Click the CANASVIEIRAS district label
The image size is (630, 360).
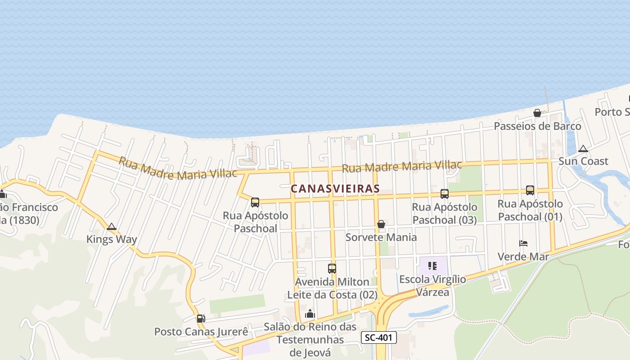(335, 189)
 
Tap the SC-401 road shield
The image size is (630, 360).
(378, 337)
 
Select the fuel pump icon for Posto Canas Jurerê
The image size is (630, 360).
(201, 319)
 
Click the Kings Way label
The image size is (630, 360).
(112, 239)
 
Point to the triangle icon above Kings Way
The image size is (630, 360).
(112, 226)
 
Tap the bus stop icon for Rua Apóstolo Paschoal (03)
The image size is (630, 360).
(445, 194)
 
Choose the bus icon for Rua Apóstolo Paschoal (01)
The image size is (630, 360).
(530, 190)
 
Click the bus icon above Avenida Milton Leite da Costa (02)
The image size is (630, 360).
(332, 269)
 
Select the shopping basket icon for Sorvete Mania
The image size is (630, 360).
(381, 224)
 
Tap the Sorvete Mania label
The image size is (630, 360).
(381, 237)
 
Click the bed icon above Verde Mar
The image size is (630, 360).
(523, 243)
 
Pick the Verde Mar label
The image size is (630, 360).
(523, 256)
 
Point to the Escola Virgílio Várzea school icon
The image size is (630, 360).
(432, 266)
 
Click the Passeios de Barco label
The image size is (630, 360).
(537, 126)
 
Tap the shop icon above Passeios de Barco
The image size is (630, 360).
(537, 113)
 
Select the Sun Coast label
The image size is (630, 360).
(583, 161)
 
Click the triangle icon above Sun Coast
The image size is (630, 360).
(583, 148)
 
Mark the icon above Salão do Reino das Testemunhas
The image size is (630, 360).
(310, 314)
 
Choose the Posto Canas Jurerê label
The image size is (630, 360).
(201, 332)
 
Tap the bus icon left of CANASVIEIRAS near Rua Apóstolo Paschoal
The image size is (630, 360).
(255, 202)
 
